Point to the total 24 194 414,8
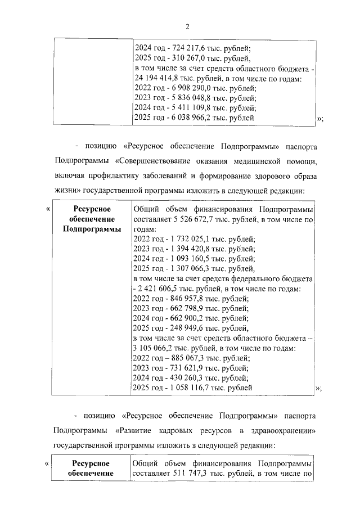tap(158, 78)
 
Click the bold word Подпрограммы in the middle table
tap(91, 229)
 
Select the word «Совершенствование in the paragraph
tap(159, 161)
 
